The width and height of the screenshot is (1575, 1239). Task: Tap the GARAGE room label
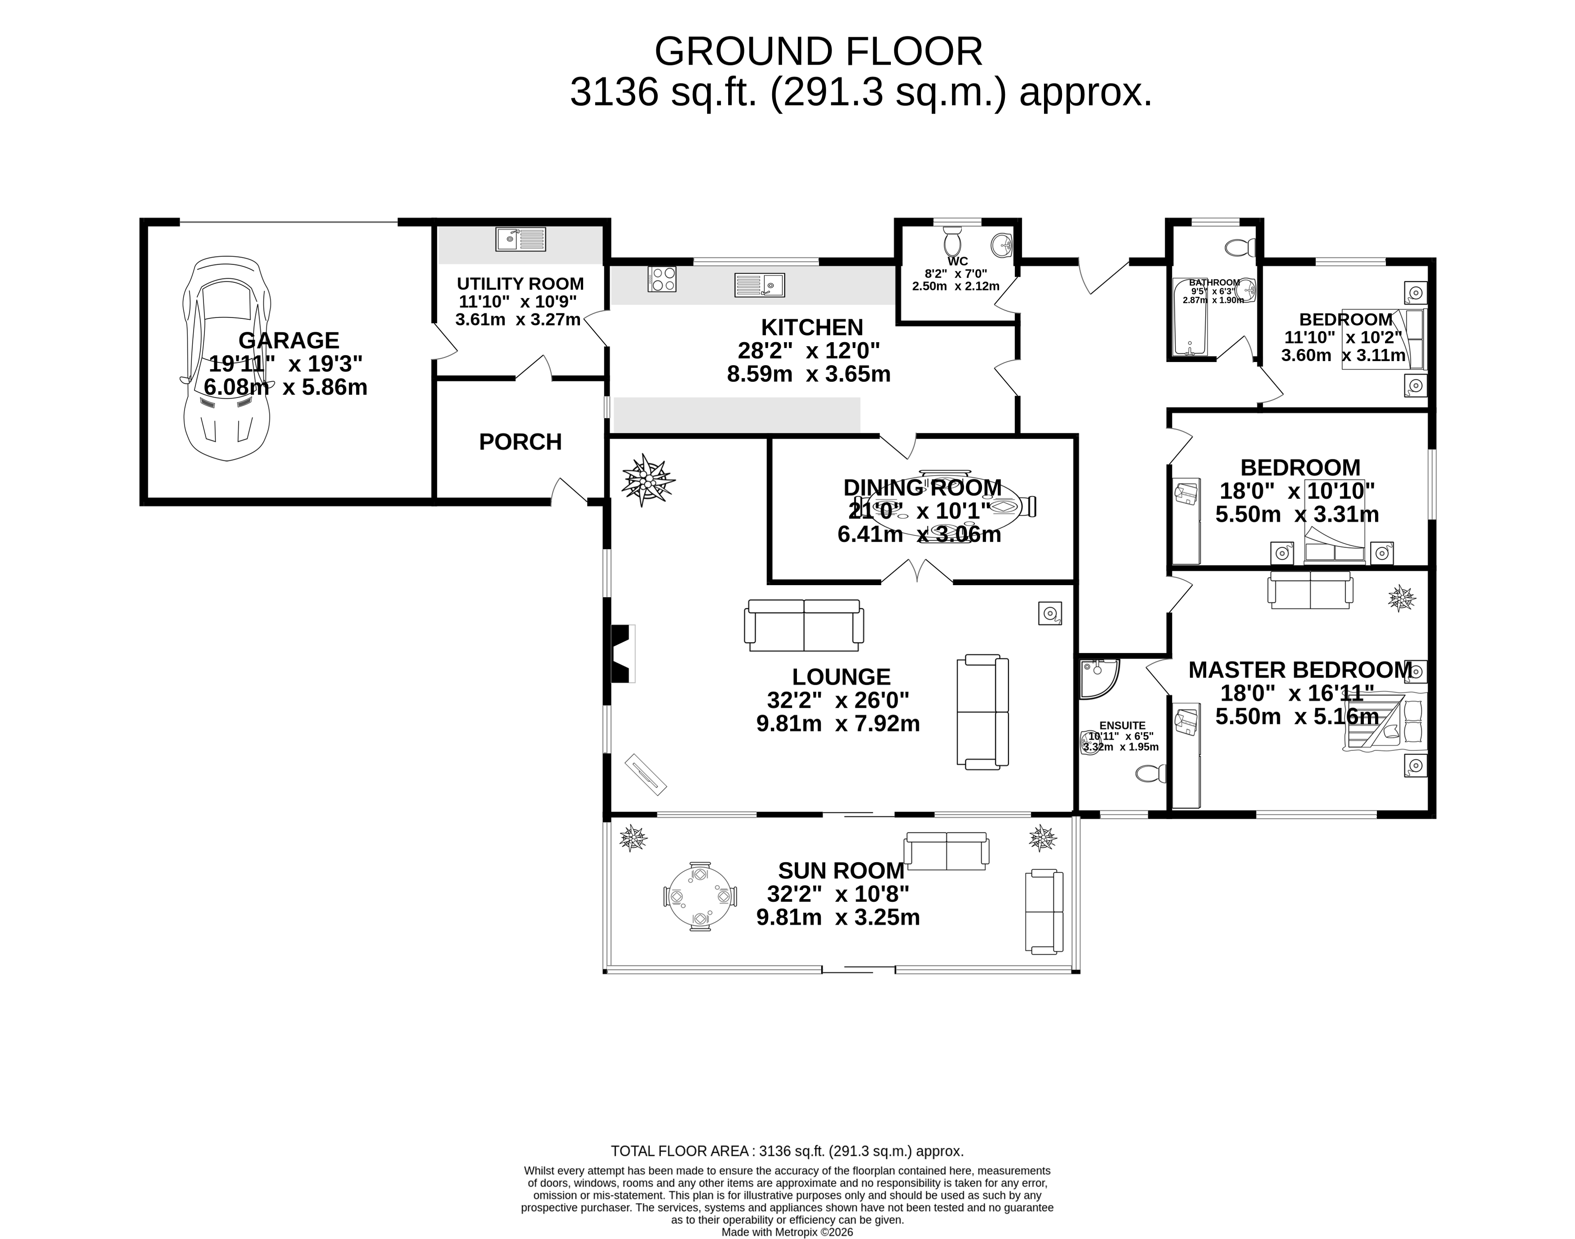289,340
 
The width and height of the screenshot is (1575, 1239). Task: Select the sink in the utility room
520,238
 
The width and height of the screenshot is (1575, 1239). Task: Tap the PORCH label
520,442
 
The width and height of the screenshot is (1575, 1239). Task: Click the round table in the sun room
700,897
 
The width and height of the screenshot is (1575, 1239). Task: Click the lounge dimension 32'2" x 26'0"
838,701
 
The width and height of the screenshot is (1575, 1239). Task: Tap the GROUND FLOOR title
818,52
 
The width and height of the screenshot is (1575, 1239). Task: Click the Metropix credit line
787,1232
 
